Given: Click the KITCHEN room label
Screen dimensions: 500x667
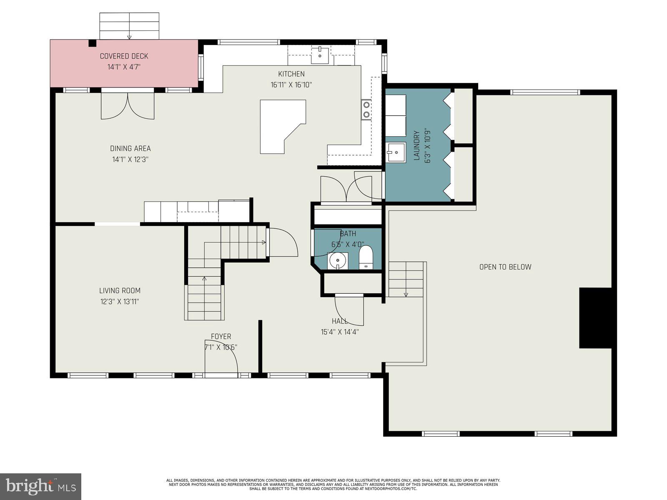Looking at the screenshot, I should point(291,74).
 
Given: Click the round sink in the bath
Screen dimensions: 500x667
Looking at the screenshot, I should point(338,261).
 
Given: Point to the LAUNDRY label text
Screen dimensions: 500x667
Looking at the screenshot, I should point(416,146).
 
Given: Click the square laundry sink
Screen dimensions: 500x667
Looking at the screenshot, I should point(395,152).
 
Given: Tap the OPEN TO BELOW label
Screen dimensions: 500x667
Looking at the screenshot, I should point(505,267).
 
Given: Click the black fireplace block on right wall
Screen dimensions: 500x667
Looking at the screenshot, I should point(595,317).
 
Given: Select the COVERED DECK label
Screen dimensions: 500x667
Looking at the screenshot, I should point(124,56).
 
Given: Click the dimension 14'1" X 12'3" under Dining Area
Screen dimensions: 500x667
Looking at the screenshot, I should point(130,159).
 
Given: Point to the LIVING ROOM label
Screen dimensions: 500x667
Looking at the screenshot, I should point(120,291).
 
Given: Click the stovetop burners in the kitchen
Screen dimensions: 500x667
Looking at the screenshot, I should point(366,110).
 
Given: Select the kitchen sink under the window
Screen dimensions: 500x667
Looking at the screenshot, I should point(320,55).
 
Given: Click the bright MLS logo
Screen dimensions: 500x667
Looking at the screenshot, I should point(40,486).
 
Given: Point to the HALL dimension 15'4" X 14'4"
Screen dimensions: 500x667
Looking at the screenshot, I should point(340,332).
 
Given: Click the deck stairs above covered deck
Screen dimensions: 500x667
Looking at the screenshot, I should point(129,26).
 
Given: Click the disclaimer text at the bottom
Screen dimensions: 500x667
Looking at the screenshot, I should point(333,484).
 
